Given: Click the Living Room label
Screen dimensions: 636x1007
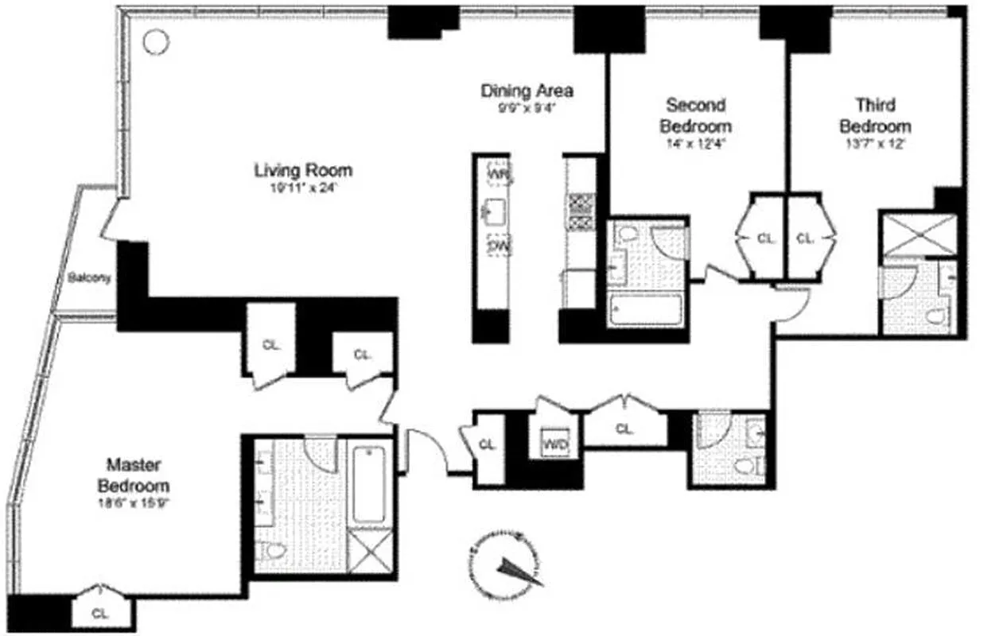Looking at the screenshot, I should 302,170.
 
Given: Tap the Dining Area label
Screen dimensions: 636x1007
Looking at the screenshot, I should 527,91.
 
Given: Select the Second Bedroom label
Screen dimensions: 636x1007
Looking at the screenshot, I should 695,115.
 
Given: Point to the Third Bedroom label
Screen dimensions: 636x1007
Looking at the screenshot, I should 875,115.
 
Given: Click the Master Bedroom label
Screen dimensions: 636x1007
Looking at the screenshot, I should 134,474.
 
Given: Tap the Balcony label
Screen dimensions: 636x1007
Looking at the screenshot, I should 88,279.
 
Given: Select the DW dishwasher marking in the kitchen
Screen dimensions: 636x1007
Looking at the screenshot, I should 499,247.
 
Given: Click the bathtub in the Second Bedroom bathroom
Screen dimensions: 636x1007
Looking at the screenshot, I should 645,309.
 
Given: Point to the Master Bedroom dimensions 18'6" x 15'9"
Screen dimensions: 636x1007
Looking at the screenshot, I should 134,502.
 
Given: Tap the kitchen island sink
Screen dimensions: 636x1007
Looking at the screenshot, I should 491,211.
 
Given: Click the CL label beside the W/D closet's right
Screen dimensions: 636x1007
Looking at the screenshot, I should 624,429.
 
